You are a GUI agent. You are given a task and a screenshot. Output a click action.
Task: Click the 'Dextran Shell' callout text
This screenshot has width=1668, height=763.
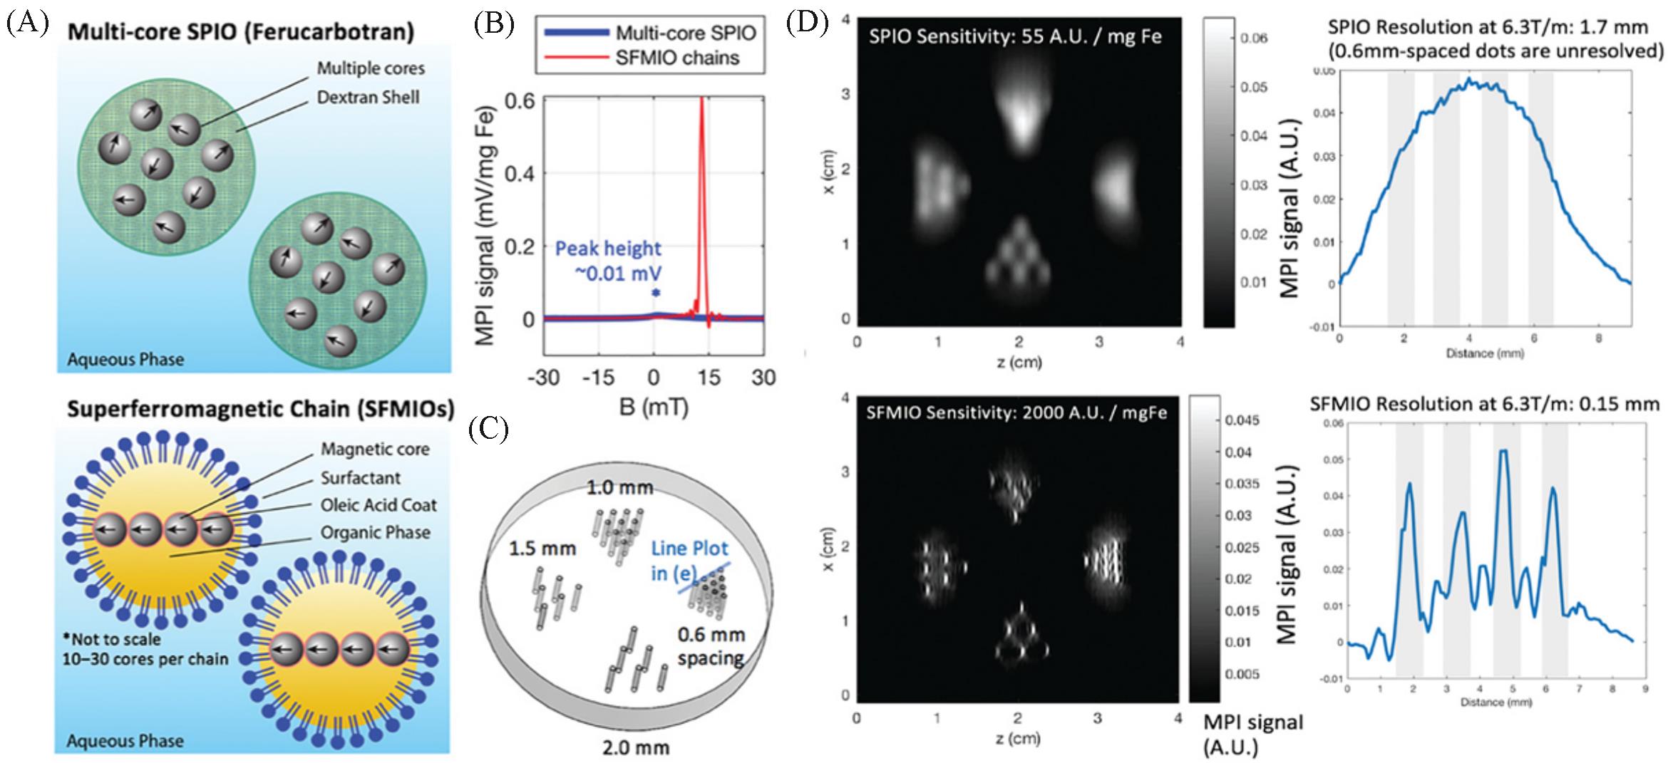click(368, 96)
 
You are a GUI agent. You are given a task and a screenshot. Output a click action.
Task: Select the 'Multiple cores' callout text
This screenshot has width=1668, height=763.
click(371, 68)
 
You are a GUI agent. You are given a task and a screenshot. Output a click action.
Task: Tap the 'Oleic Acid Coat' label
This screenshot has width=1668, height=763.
click(379, 505)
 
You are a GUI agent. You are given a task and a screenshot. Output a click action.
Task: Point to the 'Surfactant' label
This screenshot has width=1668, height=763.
click(360, 477)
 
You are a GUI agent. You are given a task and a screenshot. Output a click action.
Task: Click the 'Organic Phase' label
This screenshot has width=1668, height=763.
click(375, 533)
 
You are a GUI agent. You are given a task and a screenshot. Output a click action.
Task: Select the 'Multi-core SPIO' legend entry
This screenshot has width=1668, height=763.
click(685, 33)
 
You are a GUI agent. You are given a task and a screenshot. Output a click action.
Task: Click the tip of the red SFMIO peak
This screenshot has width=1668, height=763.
click(702, 98)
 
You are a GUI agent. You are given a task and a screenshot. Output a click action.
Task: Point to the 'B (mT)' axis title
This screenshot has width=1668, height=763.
click(654, 408)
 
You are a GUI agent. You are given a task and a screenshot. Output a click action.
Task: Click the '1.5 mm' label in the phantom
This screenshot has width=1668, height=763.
click(542, 549)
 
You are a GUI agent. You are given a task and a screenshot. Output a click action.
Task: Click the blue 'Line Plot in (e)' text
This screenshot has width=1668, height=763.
click(689, 559)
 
